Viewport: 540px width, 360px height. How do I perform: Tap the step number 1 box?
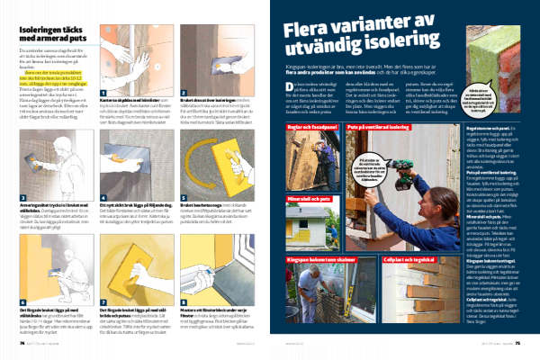coord(104,91)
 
